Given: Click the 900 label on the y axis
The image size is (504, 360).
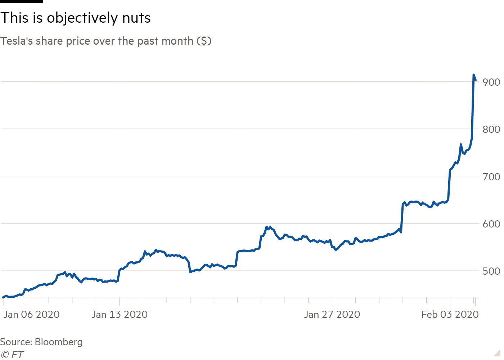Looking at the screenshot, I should [491, 82].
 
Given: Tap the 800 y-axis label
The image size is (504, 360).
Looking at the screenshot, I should [491, 129].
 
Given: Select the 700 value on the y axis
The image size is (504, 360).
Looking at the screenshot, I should [491, 177].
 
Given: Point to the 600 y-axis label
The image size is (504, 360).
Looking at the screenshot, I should [491, 224].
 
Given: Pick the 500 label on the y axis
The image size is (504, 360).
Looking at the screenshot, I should [491, 271].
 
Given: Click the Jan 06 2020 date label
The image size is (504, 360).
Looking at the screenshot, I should [31, 315].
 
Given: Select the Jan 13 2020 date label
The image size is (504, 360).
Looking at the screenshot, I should [120, 315].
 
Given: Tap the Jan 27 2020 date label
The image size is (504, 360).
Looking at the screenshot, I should [332, 315].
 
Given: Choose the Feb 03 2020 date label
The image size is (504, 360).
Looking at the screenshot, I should [450, 315].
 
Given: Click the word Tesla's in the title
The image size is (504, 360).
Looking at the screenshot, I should [17, 41].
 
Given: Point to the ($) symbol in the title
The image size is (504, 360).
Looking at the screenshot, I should [204, 41].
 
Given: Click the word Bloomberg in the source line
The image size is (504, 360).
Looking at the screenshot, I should [59, 342].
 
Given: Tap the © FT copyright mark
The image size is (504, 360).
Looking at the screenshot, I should [12, 355].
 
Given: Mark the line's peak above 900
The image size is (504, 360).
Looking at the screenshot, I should [473, 75].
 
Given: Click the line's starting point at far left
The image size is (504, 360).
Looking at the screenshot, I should [3, 297].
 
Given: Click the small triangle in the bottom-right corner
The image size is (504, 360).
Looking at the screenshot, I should [497, 353].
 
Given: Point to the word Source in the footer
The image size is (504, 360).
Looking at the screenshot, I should [15, 342].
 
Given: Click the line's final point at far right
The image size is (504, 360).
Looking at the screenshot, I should [476, 80].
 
